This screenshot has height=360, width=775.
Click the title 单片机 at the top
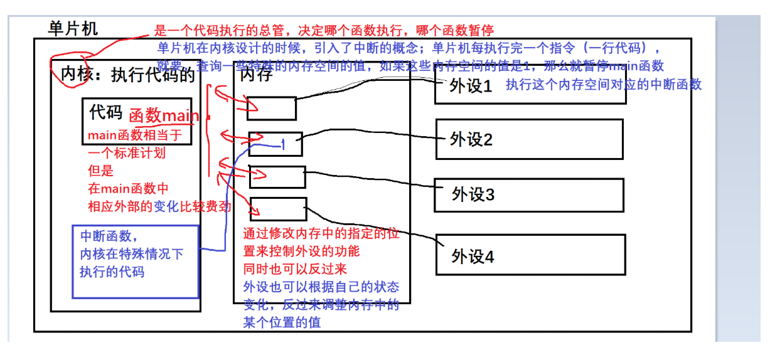pos(73,28)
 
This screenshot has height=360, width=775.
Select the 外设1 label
pos(471,87)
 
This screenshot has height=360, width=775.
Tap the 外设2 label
pos(471,139)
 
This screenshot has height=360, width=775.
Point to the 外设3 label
pos(473,194)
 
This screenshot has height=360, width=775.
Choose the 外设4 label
pos(473,256)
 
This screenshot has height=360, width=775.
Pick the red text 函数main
pos(164,116)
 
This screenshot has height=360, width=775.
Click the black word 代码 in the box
pos(105,112)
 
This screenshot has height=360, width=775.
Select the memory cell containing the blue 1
pos(275,144)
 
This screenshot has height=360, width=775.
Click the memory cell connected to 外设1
pos(271,109)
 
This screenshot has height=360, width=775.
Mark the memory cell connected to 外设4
pos(278,209)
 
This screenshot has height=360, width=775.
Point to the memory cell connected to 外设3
pos(277,177)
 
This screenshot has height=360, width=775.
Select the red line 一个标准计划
pos(127,153)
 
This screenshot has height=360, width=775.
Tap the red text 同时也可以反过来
pos(286,270)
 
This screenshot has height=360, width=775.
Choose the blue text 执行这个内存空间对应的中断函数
pos(604,84)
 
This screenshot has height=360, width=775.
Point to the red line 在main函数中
pos(128,188)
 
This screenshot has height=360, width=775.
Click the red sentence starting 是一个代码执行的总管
pos(324,30)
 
